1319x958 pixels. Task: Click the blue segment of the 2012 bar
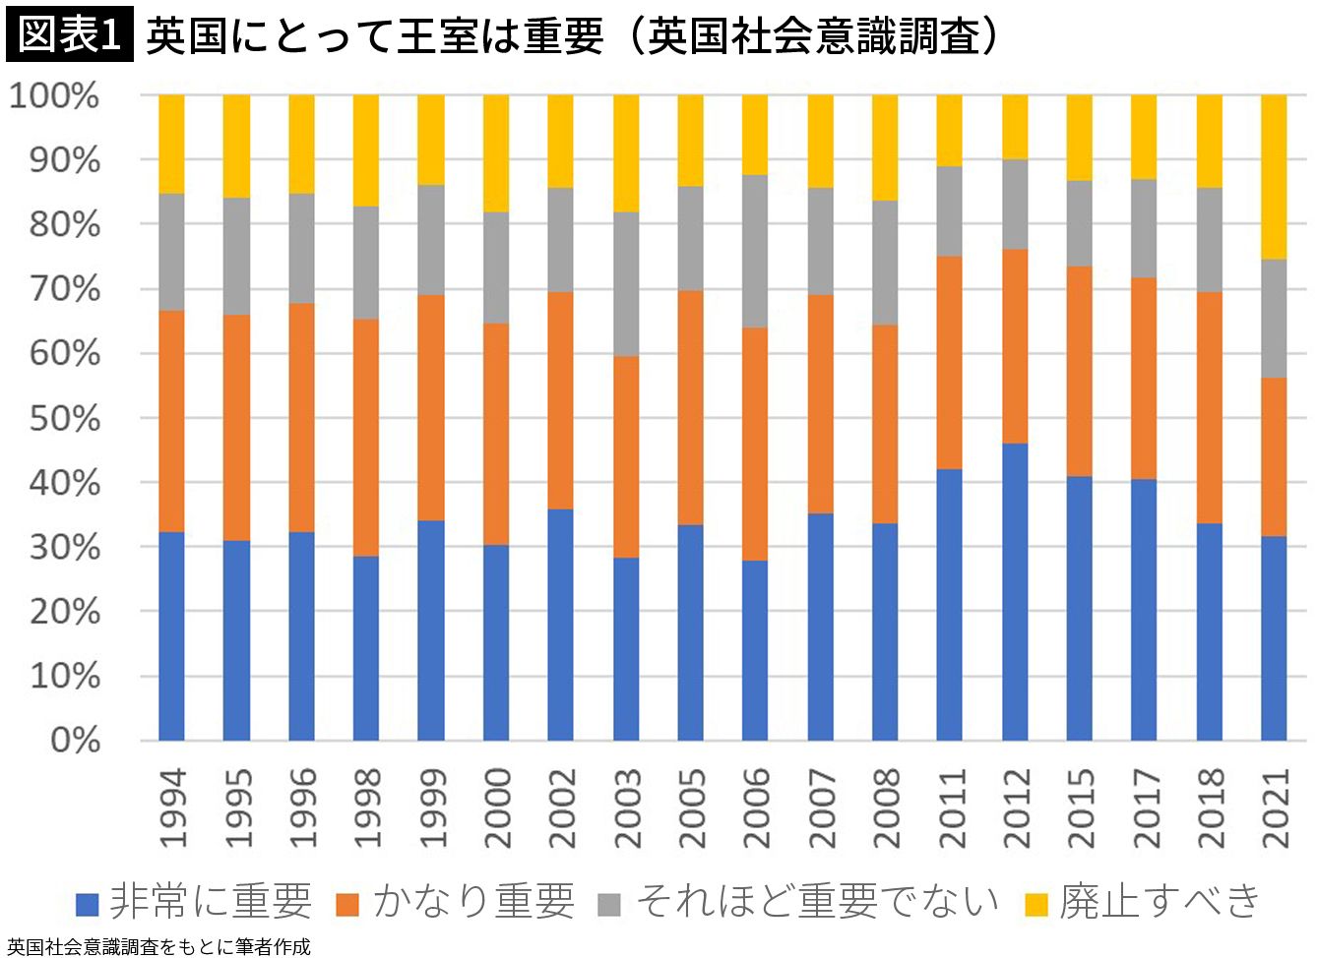tap(1015, 591)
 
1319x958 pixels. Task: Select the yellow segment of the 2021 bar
tap(1274, 177)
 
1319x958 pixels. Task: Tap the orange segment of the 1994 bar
tap(171, 421)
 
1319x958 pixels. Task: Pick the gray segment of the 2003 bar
tap(626, 283)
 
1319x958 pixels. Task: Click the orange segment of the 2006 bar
tap(755, 444)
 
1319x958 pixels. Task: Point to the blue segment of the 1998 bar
tap(366, 648)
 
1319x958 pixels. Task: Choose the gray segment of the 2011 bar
tap(949, 210)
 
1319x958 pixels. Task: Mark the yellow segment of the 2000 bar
tap(496, 153)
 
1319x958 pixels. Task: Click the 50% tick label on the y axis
tap(65, 418)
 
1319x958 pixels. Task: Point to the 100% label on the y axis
tap(54, 95)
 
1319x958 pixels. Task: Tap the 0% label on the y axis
tap(75, 740)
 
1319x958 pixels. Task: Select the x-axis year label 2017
tap(1145, 808)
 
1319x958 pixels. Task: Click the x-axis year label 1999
tap(432, 808)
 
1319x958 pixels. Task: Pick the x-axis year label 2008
tap(886, 808)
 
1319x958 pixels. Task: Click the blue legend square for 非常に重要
tap(88, 904)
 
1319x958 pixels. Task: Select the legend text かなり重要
tap(473, 901)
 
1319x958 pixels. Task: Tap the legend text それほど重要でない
tap(817, 901)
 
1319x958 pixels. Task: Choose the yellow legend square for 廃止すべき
tap(1036, 904)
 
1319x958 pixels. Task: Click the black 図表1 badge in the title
tap(69, 35)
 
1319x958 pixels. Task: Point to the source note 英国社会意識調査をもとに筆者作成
tap(157, 946)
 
